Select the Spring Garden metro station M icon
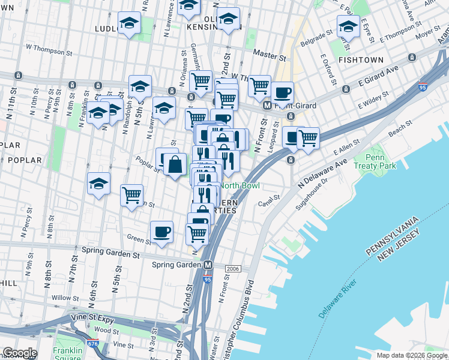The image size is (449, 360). point(208,265)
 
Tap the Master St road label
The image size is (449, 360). point(269,55)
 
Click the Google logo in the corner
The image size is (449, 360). point(19,353)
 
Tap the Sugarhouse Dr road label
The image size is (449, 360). point(316,193)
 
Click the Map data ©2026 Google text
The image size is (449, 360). point(411,355)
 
